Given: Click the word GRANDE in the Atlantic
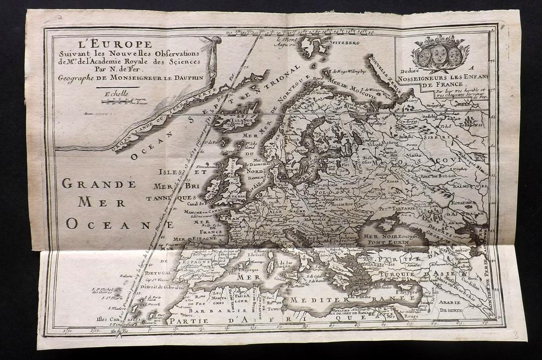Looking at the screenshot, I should [x=99, y=184].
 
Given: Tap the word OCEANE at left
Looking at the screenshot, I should [x=120, y=224].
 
